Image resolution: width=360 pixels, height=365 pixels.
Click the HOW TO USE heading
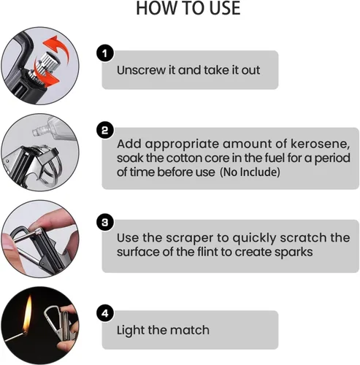point(188,8)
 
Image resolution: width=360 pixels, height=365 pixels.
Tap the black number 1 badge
point(105,53)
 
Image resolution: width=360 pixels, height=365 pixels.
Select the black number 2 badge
point(105,131)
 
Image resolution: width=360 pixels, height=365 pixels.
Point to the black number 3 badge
point(105,222)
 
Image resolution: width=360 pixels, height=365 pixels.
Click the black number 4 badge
point(105,313)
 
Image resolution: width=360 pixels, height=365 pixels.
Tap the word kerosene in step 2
point(320,144)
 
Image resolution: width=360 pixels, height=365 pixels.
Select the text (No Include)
point(250,172)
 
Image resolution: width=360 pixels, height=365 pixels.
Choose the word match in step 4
point(190,330)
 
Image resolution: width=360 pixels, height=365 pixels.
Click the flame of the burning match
point(28,314)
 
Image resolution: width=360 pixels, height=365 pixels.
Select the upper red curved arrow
point(58,47)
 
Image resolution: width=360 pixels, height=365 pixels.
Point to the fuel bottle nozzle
point(37,131)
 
